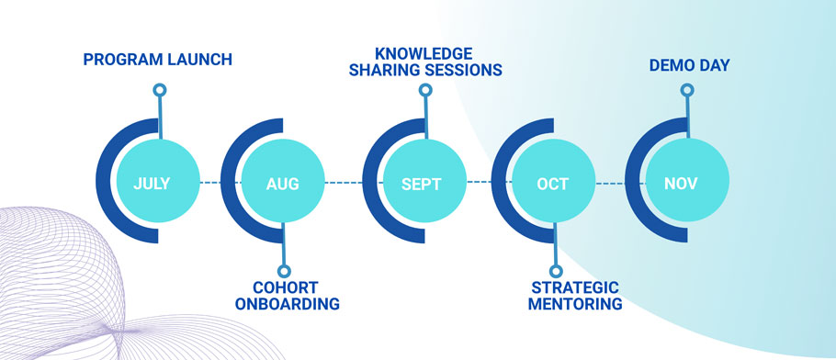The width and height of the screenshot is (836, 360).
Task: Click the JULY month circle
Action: (x=158, y=181)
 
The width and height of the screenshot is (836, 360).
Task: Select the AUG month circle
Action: (x=283, y=181)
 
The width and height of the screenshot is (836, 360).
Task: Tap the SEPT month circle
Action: (x=425, y=181)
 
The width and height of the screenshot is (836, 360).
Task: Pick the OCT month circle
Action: (x=553, y=181)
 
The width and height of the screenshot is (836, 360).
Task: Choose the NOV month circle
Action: (x=687, y=181)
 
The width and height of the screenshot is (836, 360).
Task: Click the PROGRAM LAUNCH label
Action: (x=158, y=59)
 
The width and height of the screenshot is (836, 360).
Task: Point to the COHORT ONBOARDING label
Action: (x=288, y=296)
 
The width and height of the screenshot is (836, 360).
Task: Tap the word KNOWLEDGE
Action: (x=424, y=54)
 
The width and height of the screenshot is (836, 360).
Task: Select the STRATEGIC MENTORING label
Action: (x=575, y=296)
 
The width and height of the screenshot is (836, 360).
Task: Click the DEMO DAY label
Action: (x=689, y=65)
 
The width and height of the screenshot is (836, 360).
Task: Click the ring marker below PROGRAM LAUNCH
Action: (x=160, y=90)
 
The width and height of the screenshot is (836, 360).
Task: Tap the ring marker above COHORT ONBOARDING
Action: (x=285, y=272)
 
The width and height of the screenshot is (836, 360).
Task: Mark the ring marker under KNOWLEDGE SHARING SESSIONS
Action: (x=425, y=90)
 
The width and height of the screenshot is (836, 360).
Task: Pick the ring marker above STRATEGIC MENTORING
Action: (x=556, y=272)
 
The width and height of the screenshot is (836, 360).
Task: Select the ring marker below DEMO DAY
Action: (x=687, y=90)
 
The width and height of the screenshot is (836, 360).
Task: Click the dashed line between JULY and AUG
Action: (x=220, y=183)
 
